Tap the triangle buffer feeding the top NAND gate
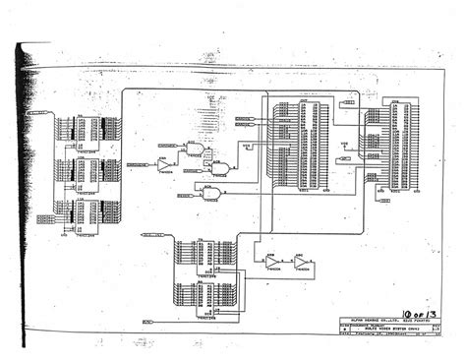pyautogui.click(x=164, y=166)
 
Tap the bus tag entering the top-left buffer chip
pyautogui.click(x=43, y=113)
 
